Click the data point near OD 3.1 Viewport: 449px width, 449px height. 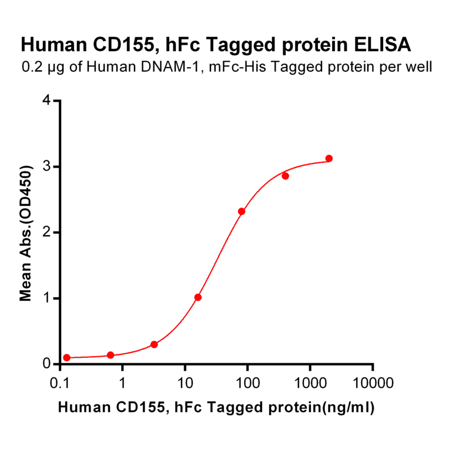pos(329,159)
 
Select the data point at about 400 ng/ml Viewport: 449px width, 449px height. pos(285,176)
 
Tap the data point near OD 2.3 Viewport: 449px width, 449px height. pos(242,212)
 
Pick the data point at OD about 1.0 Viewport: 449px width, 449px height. pos(198,297)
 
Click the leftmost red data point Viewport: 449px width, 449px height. pos(67,357)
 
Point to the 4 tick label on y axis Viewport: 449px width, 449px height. pos(47,101)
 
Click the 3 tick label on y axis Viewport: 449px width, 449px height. pos(47,167)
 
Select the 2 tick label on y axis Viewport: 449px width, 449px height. pos(47,233)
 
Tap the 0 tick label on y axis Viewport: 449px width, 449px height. pos(47,364)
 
